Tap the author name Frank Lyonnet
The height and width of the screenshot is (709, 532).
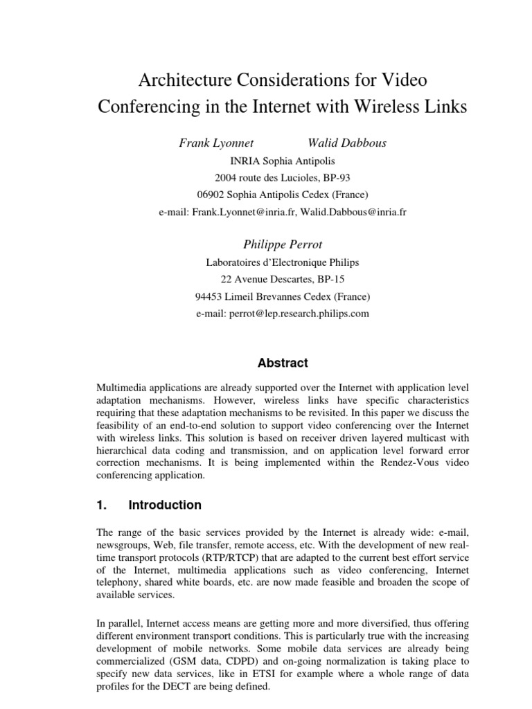(216, 143)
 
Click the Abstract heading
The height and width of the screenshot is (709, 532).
(283, 363)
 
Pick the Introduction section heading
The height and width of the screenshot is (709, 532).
(165, 505)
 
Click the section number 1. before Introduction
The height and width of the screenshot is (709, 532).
(102, 505)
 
